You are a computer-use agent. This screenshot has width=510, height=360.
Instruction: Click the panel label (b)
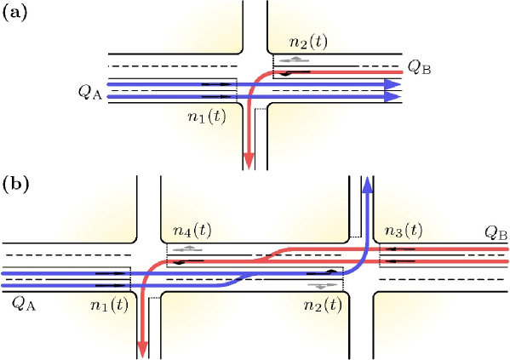[14, 182]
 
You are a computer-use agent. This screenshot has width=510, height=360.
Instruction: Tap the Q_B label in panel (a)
[418, 66]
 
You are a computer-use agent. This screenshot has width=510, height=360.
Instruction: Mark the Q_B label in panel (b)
[496, 231]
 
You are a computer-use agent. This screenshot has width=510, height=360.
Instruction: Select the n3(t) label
[403, 230]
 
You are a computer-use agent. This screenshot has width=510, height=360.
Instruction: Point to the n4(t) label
[192, 230]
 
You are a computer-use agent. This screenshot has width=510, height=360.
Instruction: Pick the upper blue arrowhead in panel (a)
[392, 85]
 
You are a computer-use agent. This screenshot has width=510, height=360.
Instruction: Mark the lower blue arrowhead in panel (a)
[392, 97]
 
